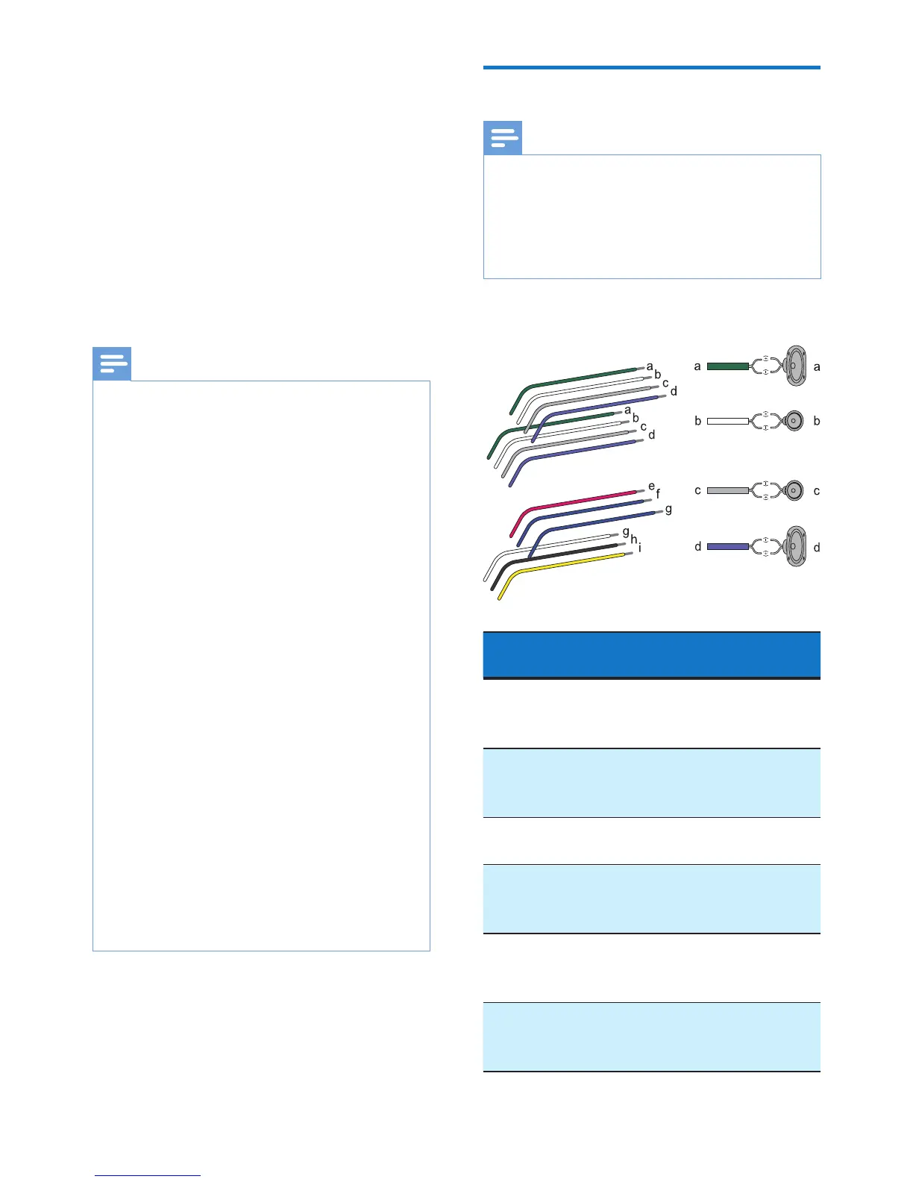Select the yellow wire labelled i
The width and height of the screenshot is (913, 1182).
tap(567, 563)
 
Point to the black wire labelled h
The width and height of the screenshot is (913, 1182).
tap(567, 553)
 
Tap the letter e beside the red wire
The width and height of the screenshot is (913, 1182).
tap(651, 487)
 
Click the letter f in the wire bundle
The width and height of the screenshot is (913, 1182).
tap(658, 494)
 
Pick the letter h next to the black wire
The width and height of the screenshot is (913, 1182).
tap(633, 540)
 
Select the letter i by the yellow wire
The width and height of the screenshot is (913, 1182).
tap(640, 548)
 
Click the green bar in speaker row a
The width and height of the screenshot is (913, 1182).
tap(727, 366)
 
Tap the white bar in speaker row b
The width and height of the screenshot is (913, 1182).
tap(727, 421)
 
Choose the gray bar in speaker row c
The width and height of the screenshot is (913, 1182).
tap(727, 491)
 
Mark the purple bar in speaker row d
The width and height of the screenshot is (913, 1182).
tap(727, 547)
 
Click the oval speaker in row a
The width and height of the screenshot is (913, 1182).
tap(795, 366)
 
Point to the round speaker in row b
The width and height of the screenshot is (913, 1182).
tap(794, 421)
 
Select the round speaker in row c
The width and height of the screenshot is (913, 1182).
tap(794, 491)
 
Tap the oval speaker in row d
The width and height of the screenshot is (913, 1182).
tap(795, 547)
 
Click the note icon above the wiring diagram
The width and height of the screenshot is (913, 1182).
tap(503, 138)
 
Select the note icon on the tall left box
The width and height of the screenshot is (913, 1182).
tap(112, 364)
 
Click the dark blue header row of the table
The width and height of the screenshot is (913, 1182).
tap(651, 654)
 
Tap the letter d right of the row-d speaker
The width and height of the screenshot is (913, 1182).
tap(817, 548)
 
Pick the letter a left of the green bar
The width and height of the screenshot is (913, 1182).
tap(697, 366)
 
